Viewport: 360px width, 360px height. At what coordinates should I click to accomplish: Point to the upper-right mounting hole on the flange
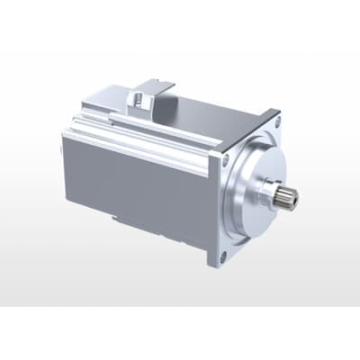pyautogui.click(x=275, y=124)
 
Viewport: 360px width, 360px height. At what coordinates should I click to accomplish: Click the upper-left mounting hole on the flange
pyautogui.click(x=224, y=160)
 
